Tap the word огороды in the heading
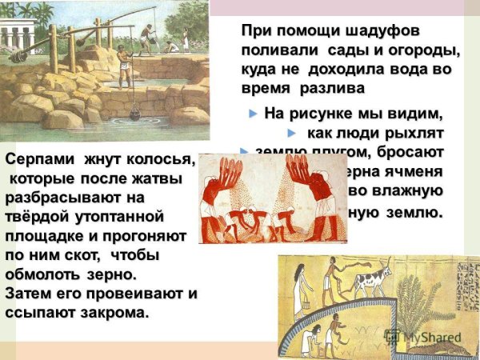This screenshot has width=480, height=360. (x=418, y=50)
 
